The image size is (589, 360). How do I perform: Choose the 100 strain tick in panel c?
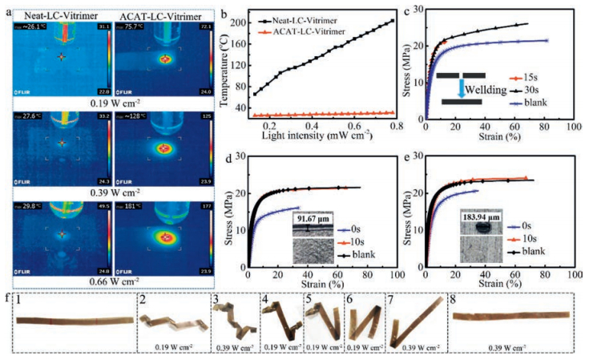pos(571,127)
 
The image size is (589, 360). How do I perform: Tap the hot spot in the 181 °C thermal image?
pos(166,238)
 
